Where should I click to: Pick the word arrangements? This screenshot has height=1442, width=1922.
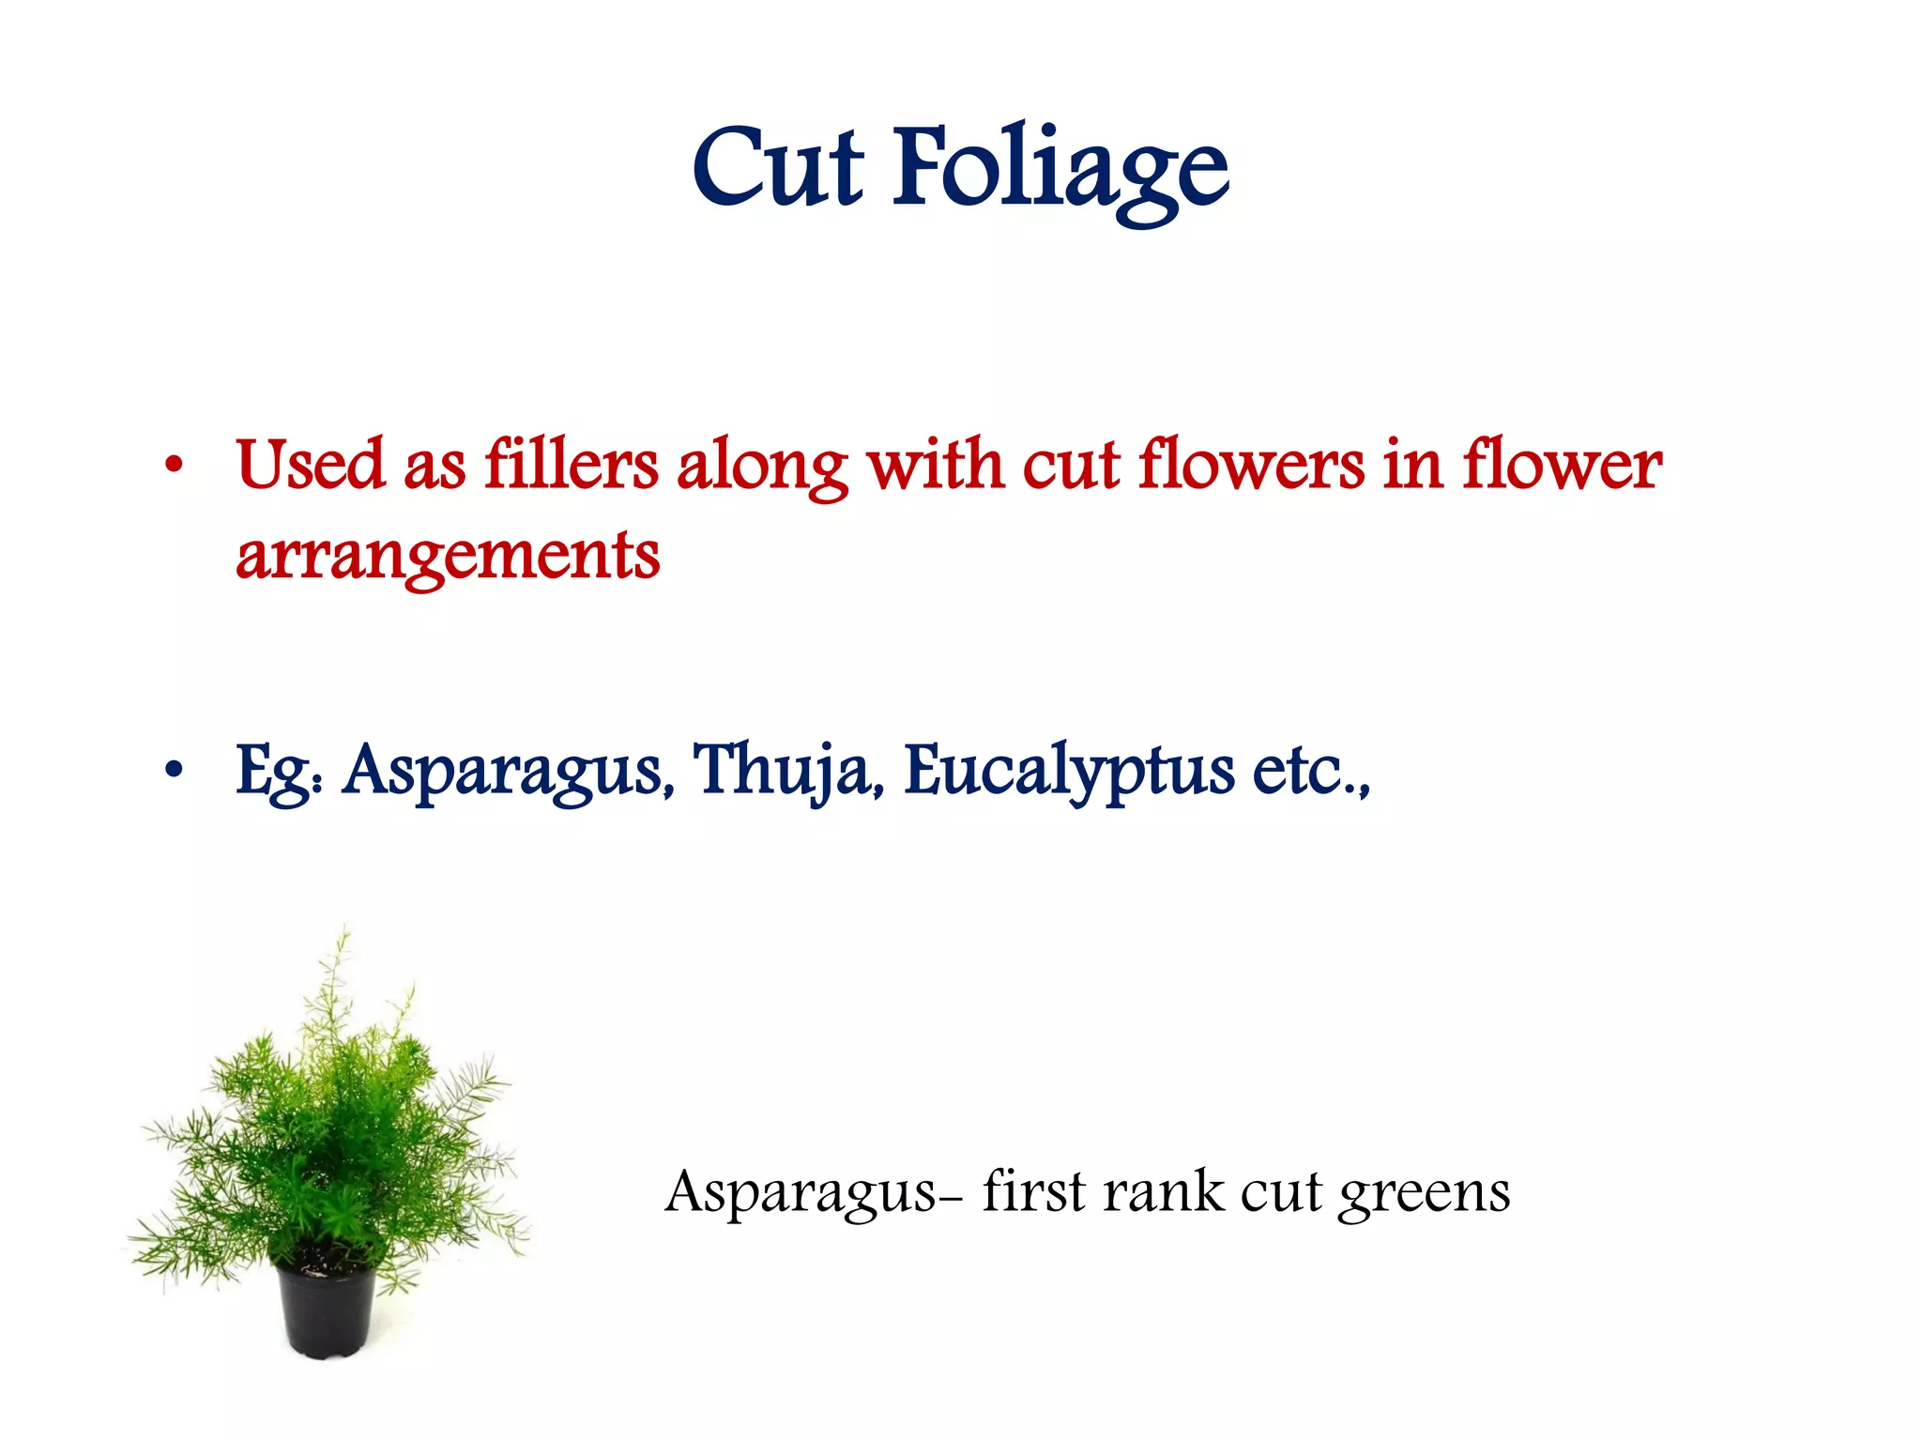click(448, 557)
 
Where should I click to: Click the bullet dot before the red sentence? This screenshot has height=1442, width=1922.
click(173, 466)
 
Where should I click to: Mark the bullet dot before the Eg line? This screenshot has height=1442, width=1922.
click(173, 772)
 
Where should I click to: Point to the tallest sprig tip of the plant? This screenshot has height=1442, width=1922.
click(345, 929)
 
